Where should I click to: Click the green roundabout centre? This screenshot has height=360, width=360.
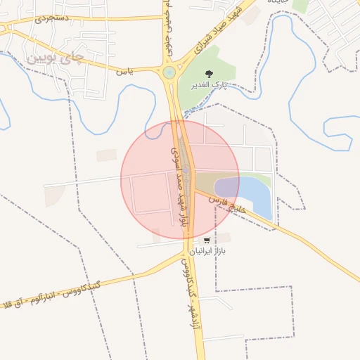coord(169,72)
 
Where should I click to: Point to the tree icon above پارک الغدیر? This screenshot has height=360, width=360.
coord(208,74)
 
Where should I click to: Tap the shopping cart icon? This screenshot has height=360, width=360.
coord(206,240)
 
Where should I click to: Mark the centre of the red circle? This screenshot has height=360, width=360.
coord(180,180)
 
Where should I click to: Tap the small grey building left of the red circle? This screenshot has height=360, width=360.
coord(107,155)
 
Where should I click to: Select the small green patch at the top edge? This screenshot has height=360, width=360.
coord(301,5)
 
